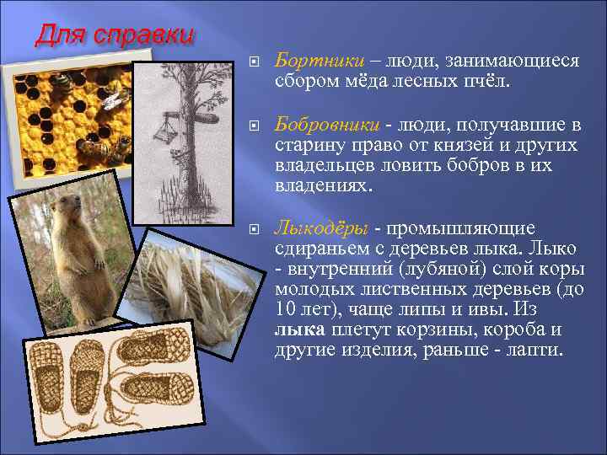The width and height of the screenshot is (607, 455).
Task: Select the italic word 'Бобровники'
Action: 327,126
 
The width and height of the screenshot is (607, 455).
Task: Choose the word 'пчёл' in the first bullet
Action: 484,82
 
